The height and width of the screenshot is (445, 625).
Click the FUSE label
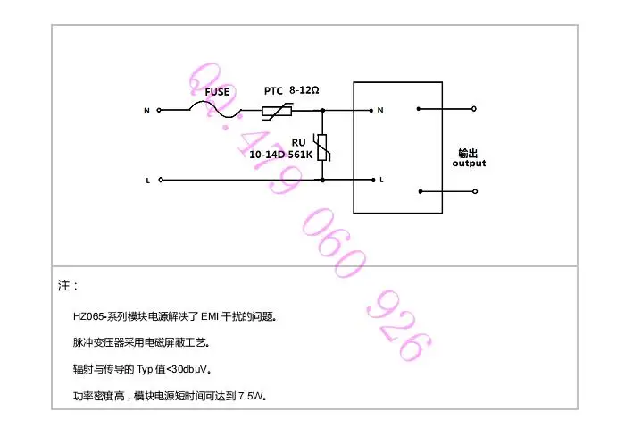tap(217, 92)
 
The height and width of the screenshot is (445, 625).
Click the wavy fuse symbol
tap(215, 109)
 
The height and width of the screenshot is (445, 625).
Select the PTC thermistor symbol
tap(277, 111)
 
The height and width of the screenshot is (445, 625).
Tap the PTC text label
tap(273, 91)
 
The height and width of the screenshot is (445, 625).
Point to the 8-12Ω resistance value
tap(304, 90)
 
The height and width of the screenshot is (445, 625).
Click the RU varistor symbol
tap(322, 147)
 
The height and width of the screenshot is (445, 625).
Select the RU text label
tap(298, 143)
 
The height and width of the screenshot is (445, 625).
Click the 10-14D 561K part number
tap(281, 155)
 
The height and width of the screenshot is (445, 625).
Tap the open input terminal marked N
tap(159, 110)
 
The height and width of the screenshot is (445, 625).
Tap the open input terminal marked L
tap(161, 180)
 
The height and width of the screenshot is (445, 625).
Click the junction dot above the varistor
tap(322, 110)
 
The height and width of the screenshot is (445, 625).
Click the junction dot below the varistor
tap(322, 180)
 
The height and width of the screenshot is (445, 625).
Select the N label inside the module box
tap(380, 110)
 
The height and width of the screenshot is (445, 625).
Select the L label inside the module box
tap(381, 180)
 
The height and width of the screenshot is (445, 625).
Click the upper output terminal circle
tap(474, 109)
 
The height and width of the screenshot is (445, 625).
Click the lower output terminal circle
tap(475, 191)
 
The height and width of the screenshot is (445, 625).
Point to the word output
tap(469, 164)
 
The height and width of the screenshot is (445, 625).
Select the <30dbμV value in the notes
tap(187, 369)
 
